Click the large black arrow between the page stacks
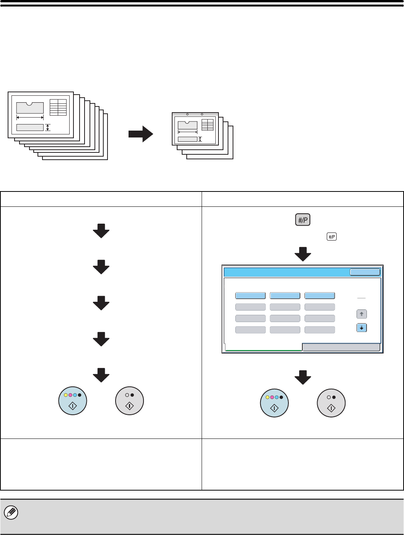pyautogui.click(x=140, y=134)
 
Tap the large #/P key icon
pyautogui.click(x=303, y=220)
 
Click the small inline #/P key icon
pyautogui.click(x=331, y=237)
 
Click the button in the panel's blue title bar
pyautogui.click(x=365, y=272)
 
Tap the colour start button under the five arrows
pyautogui.click(x=73, y=401)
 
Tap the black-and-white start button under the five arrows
pyautogui.click(x=130, y=401)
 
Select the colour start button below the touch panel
pyautogui.click(x=274, y=403)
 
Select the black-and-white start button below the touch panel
pyautogui.click(x=331, y=403)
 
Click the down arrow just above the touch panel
pyautogui.click(x=303, y=254)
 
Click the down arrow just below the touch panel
pyautogui.click(x=303, y=377)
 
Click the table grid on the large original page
pyautogui.click(x=58, y=107)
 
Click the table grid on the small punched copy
pyautogui.click(x=207, y=124)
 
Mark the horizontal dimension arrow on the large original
pyautogui.click(x=30, y=117)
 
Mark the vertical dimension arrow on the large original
pyautogui.click(x=47, y=128)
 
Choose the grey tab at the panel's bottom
pyautogui.click(x=341, y=347)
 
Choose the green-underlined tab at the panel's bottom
pyautogui.click(x=264, y=347)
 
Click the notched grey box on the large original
pyautogui.click(x=30, y=108)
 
